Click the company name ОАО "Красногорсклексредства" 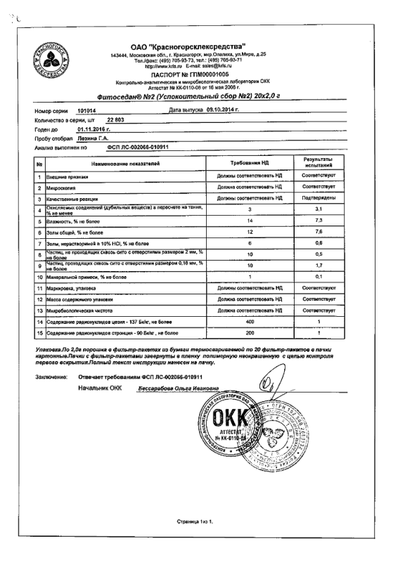point(192,46)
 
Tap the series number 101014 point(84,110)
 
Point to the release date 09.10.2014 point(220,110)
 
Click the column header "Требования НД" point(244,163)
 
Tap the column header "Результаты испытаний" point(318,163)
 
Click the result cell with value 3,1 point(318,210)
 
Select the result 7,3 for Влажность point(318,221)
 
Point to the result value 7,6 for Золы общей point(318,232)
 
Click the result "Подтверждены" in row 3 point(318,199)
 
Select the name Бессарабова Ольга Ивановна point(177,388)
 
